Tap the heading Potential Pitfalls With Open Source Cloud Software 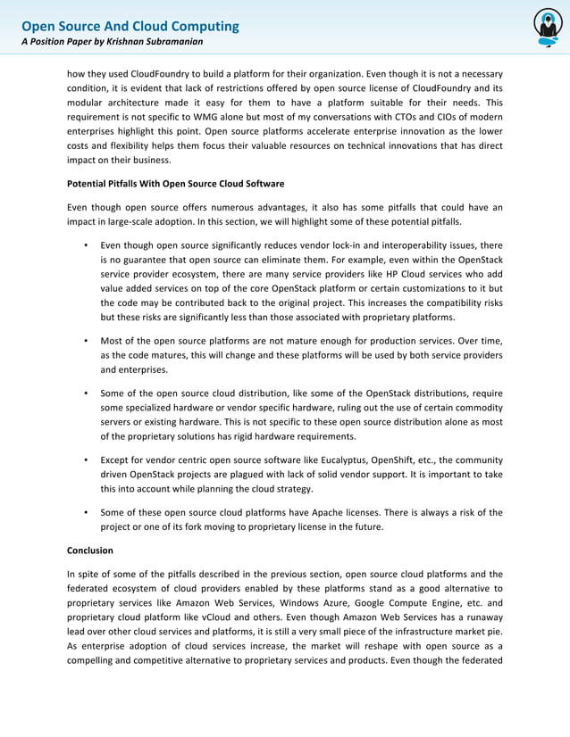tap(175, 184)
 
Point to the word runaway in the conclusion tap(481, 619)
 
